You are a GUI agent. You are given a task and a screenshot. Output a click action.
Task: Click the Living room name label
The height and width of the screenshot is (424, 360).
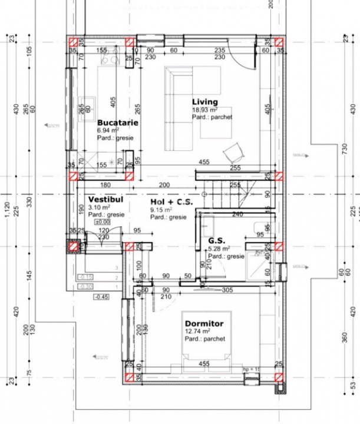tap(204, 102)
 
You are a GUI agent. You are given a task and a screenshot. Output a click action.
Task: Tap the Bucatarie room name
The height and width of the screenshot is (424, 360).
tap(118, 122)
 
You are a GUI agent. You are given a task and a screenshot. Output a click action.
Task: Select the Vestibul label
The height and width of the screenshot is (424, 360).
tap(106, 200)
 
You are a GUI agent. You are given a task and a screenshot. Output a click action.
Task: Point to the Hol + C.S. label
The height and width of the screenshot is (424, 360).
tap(171, 202)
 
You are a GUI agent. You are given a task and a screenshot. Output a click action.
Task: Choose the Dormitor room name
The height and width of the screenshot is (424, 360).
tap(204, 323)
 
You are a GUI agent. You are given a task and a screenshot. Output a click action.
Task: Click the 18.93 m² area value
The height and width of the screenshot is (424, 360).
tap(204, 110)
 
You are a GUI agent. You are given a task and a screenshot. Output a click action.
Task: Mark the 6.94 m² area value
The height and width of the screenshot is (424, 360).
tap(108, 130)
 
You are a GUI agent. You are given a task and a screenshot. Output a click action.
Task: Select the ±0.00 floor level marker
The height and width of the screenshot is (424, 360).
tap(103, 222)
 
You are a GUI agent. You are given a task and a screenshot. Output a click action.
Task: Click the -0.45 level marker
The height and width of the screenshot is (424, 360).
tap(101, 296)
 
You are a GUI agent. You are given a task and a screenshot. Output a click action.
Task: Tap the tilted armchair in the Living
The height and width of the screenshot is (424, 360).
tap(233, 153)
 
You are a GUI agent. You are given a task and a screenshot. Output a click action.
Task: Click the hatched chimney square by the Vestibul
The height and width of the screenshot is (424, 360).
tap(74, 248)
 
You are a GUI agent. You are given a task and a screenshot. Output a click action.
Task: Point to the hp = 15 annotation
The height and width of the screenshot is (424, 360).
tap(252, 369)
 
